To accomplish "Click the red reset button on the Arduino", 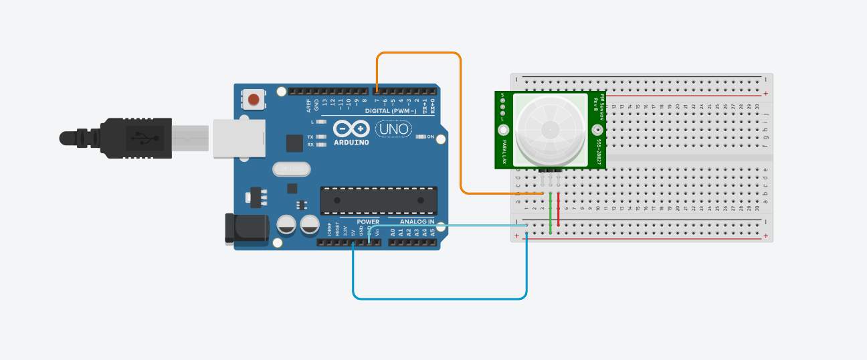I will coord(254,100).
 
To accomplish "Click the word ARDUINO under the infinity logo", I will coord(350,141).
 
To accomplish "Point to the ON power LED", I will coord(421,137).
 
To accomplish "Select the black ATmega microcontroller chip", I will coord(378,200).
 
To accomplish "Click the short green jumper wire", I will coord(550,214).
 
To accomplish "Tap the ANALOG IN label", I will coord(417,221).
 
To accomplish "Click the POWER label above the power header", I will coord(368,221).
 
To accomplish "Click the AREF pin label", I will coord(309,104).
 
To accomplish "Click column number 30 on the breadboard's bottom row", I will coord(757,208).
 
